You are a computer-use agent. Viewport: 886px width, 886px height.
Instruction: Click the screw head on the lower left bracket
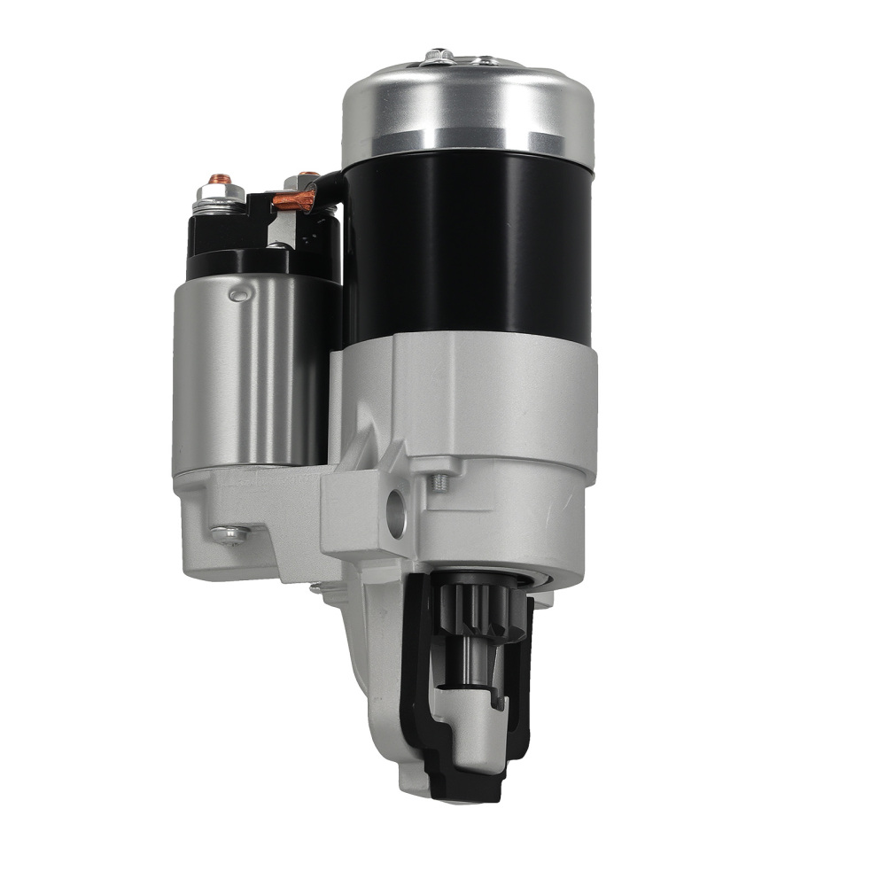(x=228, y=534)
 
